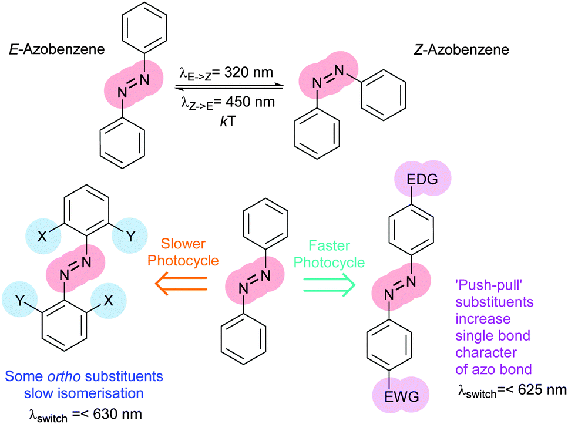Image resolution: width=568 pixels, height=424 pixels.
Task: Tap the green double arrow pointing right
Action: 328,285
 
